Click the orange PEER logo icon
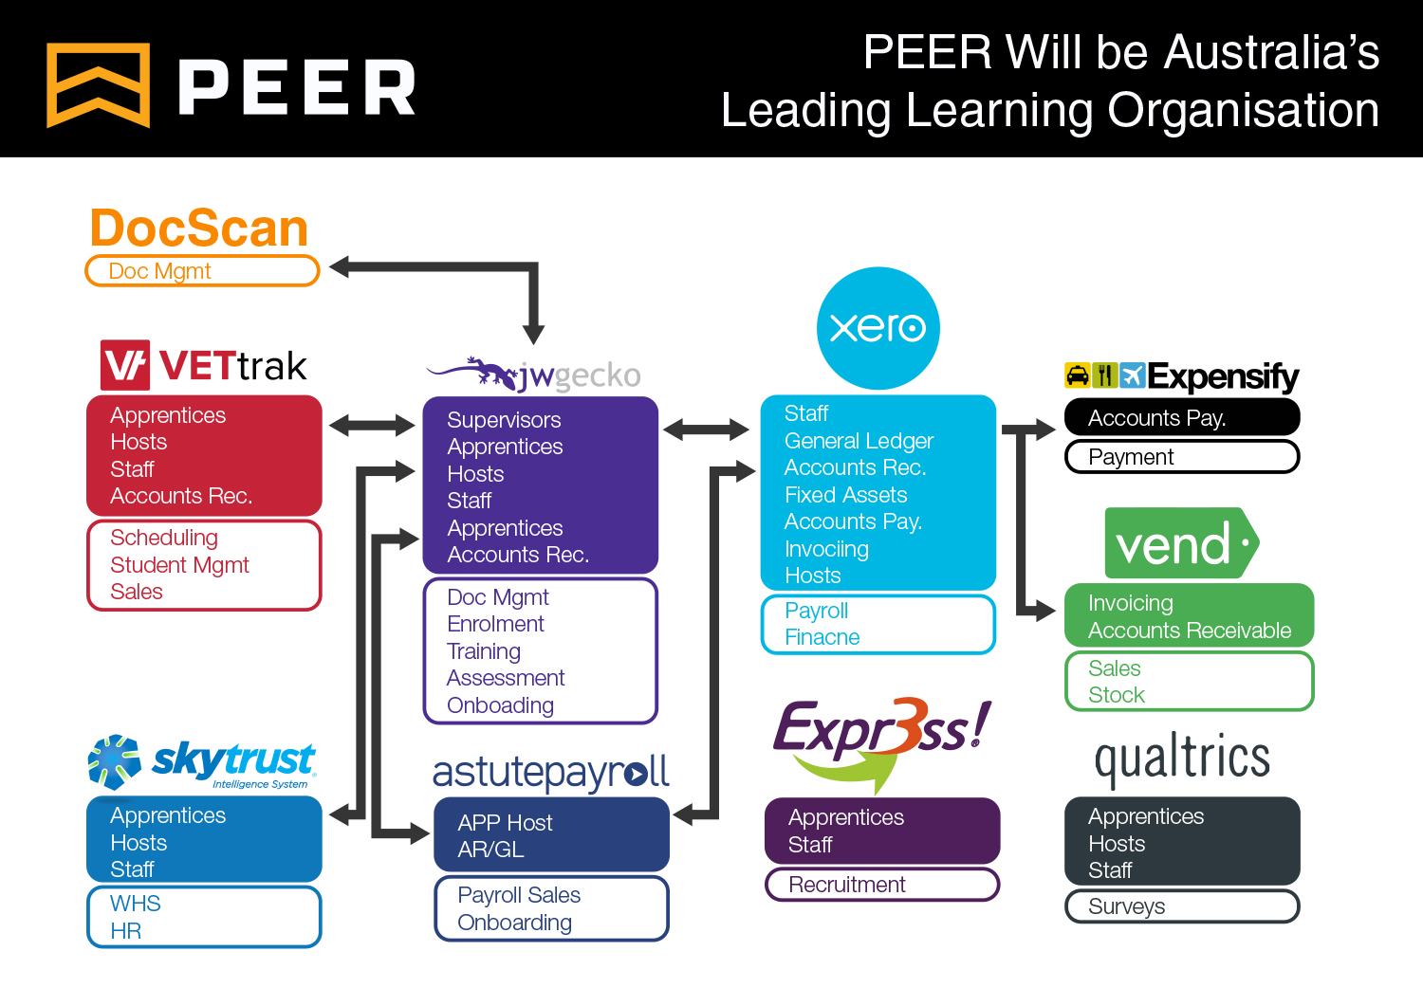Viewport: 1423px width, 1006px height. click(99, 85)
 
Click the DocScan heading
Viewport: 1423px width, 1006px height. click(199, 229)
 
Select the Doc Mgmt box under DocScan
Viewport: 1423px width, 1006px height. click(202, 271)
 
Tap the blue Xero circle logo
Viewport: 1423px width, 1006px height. click(878, 328)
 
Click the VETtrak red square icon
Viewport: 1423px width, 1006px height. click(125, 365)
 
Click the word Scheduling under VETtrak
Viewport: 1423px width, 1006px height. click(164, 538)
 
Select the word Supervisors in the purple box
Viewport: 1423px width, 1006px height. click(504, 420)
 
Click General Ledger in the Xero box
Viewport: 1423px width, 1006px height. click(859, 441)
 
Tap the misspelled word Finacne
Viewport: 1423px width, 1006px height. click(822, 637)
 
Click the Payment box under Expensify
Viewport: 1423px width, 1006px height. click(1181, 457)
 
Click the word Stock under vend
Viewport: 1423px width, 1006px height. click(1117, 695)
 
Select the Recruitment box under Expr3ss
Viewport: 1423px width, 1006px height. click(881, 885)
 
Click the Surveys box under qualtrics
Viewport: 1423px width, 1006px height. click(1181, 906)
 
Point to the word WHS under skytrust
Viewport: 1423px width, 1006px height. click(136, 904)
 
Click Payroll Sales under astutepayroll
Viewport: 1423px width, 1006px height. click(519, 895)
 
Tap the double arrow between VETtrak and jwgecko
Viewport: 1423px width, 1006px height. click(372, 426)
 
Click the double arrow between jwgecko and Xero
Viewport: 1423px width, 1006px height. click(707, 430)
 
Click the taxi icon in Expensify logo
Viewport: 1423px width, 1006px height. click(1077, 375)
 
